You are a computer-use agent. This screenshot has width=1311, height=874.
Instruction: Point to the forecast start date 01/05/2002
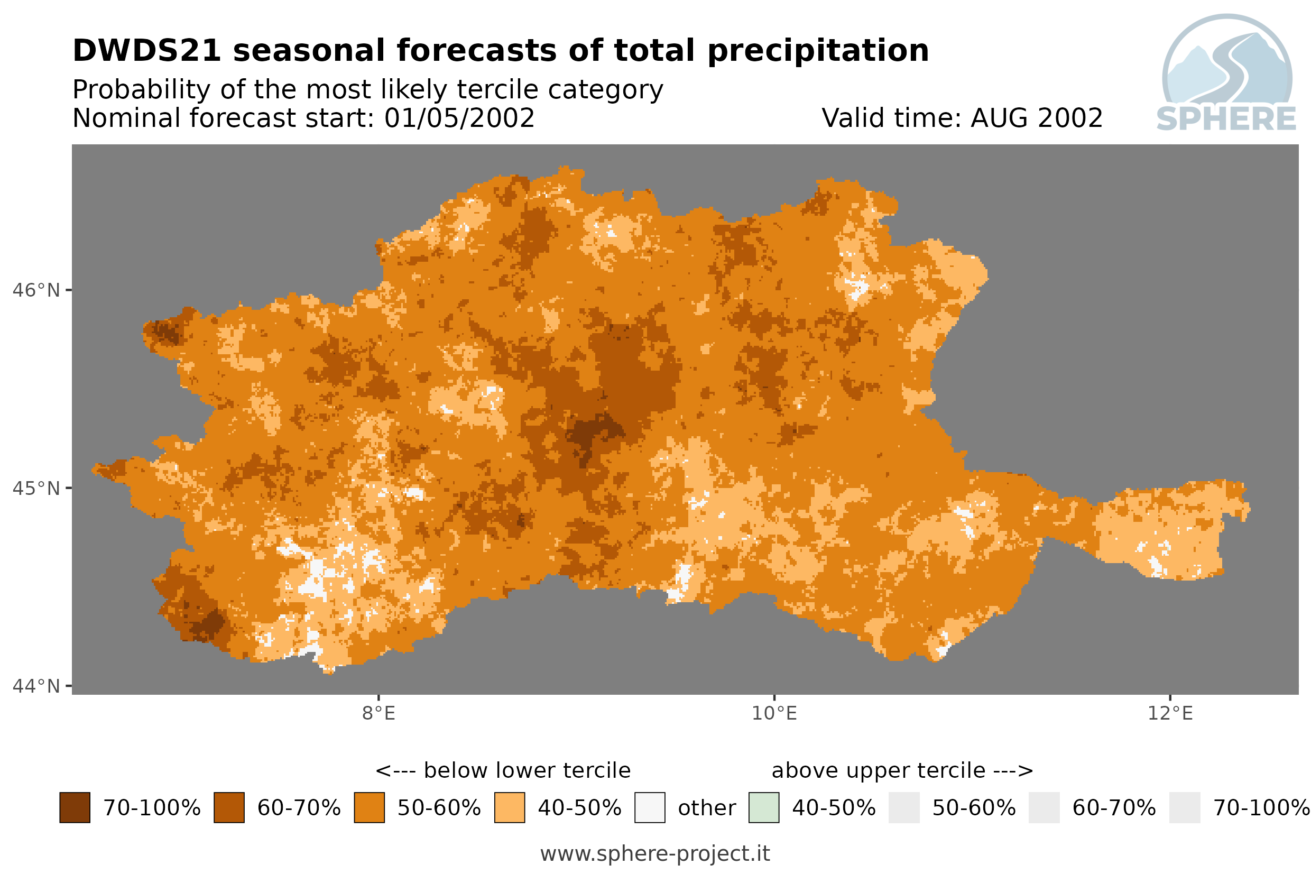(x=459, y=118)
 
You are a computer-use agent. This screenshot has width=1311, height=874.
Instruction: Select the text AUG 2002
(x=1036, y=118)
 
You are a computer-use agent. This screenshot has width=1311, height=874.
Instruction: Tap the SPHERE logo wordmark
(x=1226, y=119)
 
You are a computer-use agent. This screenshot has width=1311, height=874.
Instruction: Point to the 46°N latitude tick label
(x=35, y=290)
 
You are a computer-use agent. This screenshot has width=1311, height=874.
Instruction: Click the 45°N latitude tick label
(x=35, y=488)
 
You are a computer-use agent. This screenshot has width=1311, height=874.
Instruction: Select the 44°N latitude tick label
(x=35, y=686)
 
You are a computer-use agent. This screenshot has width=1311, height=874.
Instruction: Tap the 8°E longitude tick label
(x=379, y=713)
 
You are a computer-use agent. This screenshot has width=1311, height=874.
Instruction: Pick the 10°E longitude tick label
(x=774, y=713)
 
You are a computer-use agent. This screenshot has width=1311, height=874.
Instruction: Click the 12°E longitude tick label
(x=1170, y=713)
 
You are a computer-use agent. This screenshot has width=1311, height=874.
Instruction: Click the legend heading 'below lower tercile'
(x=527, y=771)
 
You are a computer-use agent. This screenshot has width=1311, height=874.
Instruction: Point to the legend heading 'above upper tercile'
(x=878, y=771)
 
